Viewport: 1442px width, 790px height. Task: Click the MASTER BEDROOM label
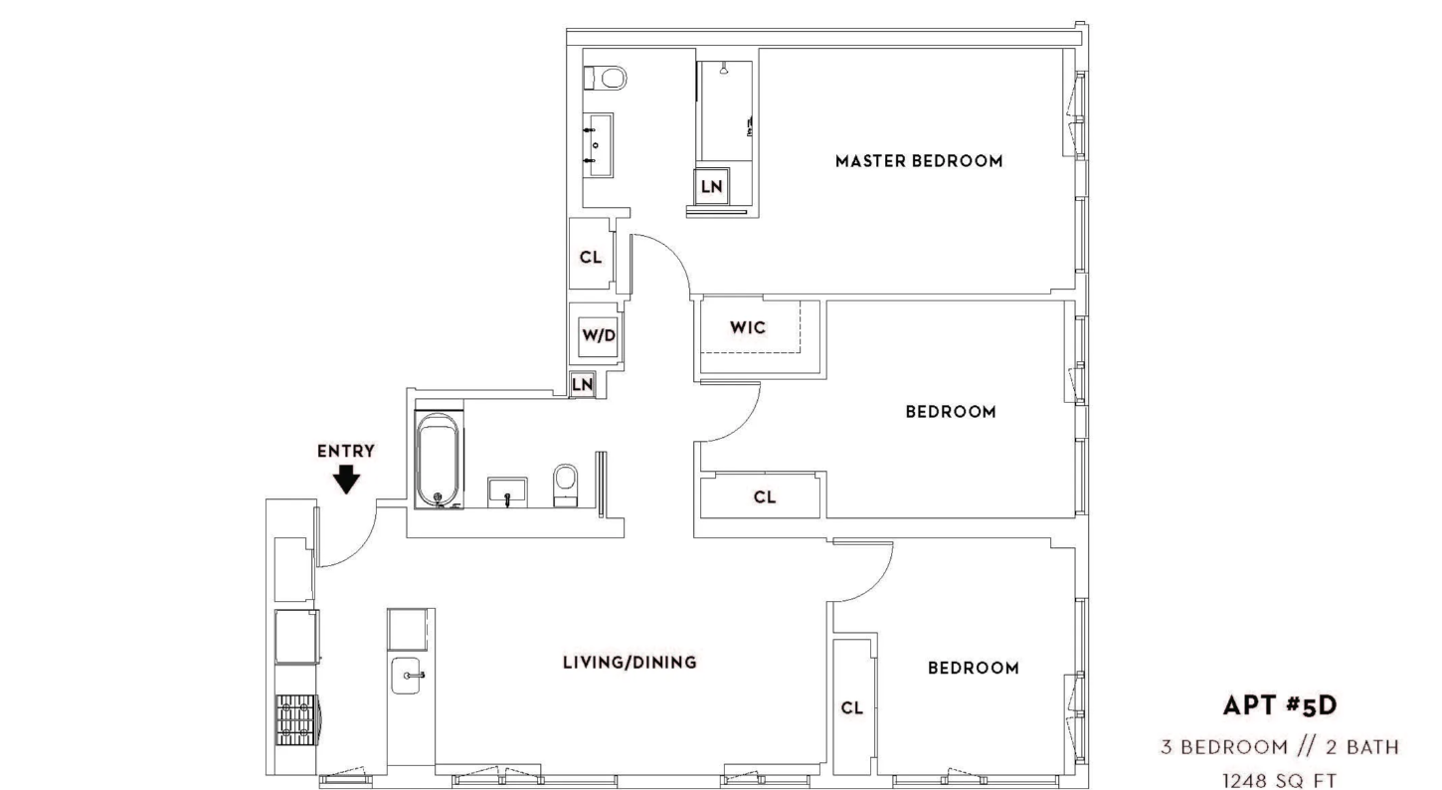tap(919, 161)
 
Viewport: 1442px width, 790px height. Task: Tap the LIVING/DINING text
tap(630, 662)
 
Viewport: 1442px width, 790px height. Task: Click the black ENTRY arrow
tap(346, 480)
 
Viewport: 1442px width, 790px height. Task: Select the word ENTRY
tap(346, 452)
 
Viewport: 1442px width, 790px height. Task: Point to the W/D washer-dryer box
tap(598, 335)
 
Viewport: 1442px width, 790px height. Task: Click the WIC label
tap(748, 327)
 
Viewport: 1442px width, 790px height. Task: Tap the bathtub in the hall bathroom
tap(439, 460)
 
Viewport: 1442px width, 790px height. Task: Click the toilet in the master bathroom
tap(605, 79)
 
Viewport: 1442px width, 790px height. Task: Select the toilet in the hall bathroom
tap(566, 486)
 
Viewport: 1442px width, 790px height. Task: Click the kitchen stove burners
tap(295, 719)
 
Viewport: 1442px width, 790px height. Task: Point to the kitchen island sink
tap(406, 676)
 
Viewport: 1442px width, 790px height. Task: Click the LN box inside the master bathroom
tap(711, 187)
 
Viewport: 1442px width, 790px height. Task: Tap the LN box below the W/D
tap(582, 384)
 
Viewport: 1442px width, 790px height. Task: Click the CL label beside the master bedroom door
tap(591, 258)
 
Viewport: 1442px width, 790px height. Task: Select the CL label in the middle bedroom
tap(765, 497)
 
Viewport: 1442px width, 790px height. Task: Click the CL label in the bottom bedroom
tap(851, 708)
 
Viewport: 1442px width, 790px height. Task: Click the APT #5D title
tap(1280, 705)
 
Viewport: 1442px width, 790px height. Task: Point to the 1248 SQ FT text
tap(1280, 781)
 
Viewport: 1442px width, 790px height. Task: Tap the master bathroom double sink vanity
tap(598, 145)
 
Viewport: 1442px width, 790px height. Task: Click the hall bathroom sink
tap(507, 493)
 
